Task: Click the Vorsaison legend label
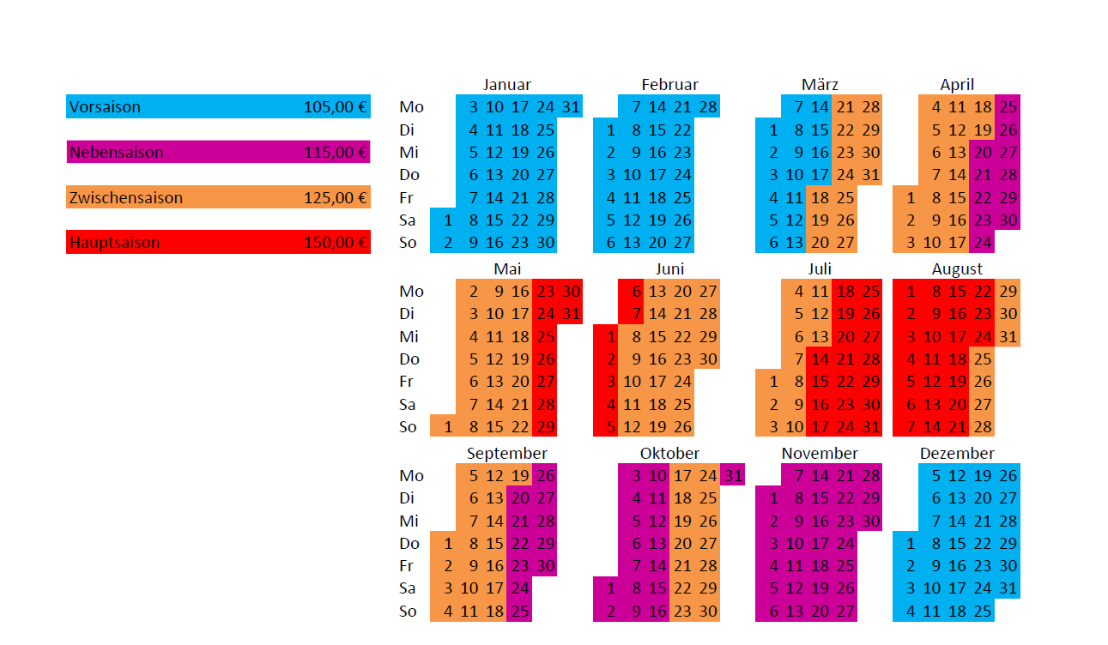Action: coord(105,107)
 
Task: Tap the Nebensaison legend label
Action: coord(116,153)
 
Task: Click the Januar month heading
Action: coord(506,85)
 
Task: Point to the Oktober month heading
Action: coord(669,453)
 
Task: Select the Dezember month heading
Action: coord(957,453)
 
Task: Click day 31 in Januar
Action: coord(571,107)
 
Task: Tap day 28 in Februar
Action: coord(708,107)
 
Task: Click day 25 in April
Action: coord(1008,107)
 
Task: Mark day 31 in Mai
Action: coord(571,314)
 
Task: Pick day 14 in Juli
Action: coord(820,359)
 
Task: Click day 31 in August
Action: coord(1008,337)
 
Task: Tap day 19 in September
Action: coord(519,475)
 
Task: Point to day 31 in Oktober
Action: coord(733,475)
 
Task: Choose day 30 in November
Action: coord(870,521)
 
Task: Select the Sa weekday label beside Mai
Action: coord(408,405)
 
